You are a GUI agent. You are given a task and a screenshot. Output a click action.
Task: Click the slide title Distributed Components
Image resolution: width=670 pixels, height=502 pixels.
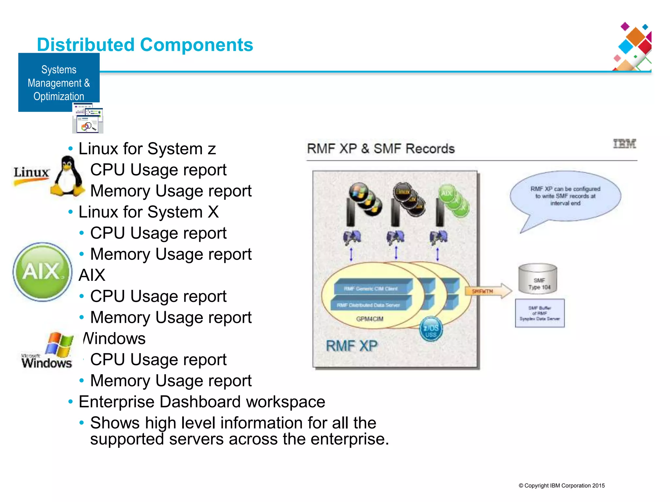[145, 45]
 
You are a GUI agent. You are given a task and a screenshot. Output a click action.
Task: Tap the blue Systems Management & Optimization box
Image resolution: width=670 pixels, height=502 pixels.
[59, 82]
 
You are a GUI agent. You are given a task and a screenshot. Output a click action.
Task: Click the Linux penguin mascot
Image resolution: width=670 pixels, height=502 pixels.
[68, 176]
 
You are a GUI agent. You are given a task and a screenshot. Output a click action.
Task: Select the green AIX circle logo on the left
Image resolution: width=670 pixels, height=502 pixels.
[43, 272]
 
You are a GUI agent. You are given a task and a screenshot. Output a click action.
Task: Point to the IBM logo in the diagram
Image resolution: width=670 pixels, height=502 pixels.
[624, 143]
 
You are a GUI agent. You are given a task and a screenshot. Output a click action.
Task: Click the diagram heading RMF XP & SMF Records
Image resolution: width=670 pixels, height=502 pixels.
[381, 149]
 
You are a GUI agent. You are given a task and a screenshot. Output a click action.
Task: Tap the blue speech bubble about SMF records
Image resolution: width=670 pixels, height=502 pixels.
[565, 196]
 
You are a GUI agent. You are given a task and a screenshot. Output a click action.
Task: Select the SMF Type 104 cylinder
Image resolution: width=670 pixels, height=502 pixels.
[538, 279]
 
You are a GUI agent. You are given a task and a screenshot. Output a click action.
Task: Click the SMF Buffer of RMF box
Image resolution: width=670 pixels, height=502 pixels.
[540, 313]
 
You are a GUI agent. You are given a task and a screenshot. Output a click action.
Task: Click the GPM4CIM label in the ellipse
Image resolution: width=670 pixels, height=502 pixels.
[370, 319]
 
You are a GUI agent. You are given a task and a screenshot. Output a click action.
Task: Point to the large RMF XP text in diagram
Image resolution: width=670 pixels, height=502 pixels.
[352, 346]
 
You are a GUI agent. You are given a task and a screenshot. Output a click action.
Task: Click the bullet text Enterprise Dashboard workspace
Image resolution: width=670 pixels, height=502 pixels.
[202, 402]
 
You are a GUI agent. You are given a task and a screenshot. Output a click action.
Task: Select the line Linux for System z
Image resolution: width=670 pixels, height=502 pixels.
[147, 149]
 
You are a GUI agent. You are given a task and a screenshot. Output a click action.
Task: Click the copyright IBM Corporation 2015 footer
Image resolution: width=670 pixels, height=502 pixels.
[562, 486]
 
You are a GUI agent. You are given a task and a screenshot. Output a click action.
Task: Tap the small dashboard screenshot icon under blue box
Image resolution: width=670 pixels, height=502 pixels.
[88, 118]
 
